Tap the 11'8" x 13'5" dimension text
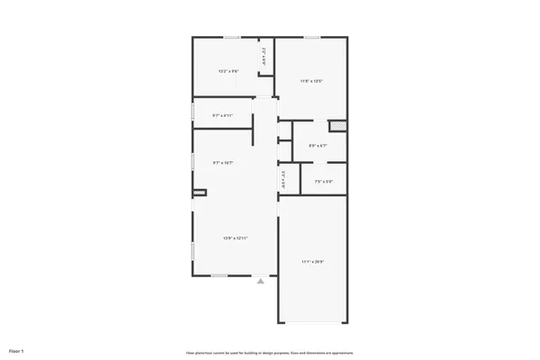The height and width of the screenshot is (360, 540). pyautogui.click(x=311, y=82)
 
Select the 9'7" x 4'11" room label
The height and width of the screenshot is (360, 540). pyautogui.click(x=222, y=115)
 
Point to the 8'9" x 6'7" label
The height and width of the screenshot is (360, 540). pyautogui.click(x=318, y=146)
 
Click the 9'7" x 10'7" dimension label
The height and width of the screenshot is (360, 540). pyautogui.click(x=222, y=163)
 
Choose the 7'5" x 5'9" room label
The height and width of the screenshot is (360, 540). pyautogui.click(x=324, y=183)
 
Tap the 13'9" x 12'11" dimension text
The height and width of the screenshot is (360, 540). pyautogui.click(x=236, y=238)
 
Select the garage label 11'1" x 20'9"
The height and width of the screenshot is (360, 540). pyautogui.click(x=312, y=262)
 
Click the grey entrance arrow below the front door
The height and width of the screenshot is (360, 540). pyautogui.click(x=261, y=282)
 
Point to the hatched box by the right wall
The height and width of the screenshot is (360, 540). pyautogui.click(x=337, y=126)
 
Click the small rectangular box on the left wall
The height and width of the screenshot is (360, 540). pyautogui.click(x=199, y=192)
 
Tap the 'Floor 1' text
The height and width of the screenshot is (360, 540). pyautogui.click(x=16, y=349)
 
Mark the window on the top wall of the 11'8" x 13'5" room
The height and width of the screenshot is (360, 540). pyautogui.click(x=311, y=37)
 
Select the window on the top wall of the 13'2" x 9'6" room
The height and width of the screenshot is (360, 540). pyautogui.click(x=231, y=37)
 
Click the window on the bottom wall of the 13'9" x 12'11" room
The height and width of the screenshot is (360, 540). pyautogui.click(x=220, y=275)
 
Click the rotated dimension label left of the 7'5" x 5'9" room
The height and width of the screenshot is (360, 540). pyautogui.click(x=283, y=180)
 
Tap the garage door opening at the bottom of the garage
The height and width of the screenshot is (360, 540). pyautogui.click(x=312, y=322)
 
